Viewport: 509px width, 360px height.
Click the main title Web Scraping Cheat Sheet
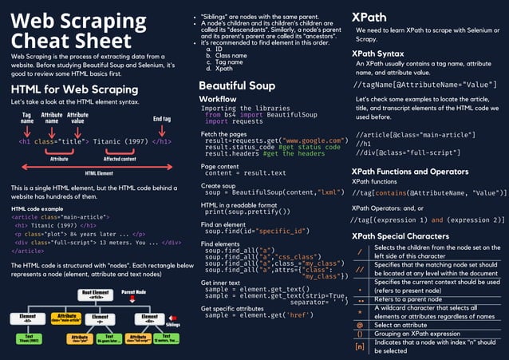pos(80,30)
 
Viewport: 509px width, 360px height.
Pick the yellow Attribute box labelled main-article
pos(66,318)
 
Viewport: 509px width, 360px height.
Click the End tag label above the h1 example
pos(161,119)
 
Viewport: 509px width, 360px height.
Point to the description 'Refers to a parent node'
pos(410,299)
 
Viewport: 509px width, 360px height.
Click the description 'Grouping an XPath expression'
pos(417,334)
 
